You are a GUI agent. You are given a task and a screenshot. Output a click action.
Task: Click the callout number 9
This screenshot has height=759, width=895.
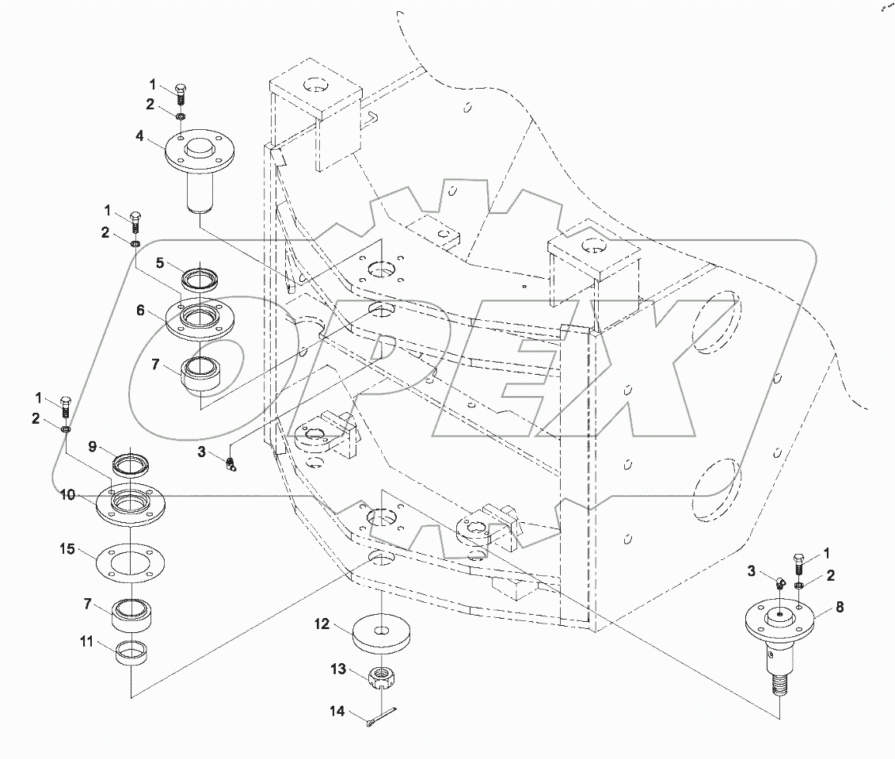click(x=93, y=448)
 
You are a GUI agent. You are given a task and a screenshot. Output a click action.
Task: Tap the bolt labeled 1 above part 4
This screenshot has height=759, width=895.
click(x=181, y=93)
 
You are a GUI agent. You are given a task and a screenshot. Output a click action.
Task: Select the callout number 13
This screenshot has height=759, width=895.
click(x=338, y=669)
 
